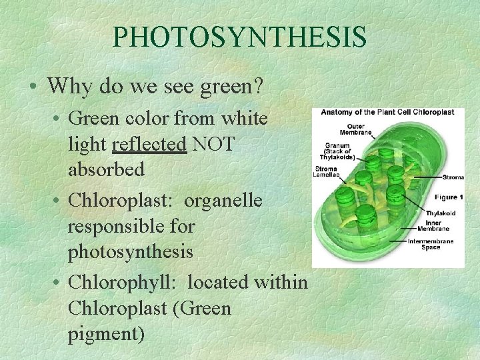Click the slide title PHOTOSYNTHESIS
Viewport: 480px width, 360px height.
tap(239, 37)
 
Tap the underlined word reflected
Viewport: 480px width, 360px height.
tap(149, 144)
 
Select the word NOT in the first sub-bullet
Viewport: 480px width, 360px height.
tap(213, 144)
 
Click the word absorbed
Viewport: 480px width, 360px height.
tap(106, 169)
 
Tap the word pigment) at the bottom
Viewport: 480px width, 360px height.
tap(106, 333)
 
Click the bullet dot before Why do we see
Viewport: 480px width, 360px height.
tap(33, 86)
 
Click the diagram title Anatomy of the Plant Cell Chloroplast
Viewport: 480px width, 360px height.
tap(387, 112)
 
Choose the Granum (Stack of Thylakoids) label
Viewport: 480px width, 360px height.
tap(339, 150)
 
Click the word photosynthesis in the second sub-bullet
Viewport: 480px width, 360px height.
tap(131, 252)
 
